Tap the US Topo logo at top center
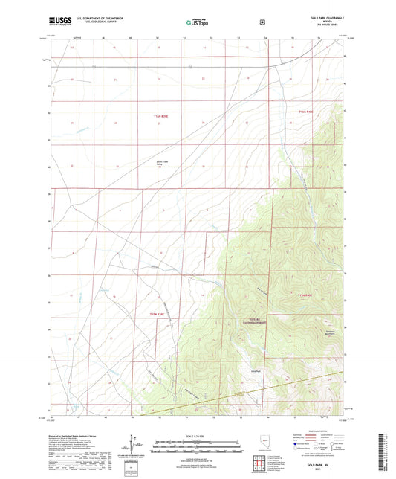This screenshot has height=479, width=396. tap(196, 22)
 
